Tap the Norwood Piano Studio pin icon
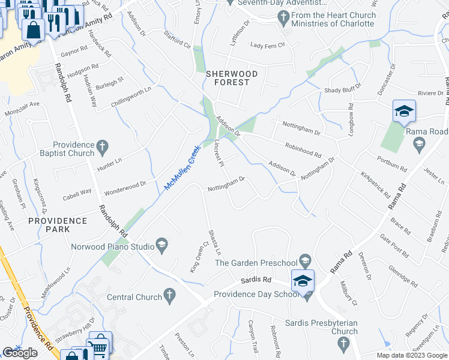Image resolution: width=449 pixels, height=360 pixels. click(161, 244)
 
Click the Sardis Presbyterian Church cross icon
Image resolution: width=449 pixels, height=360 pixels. click(343, 343)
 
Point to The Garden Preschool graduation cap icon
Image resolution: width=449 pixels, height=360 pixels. click(306, 261)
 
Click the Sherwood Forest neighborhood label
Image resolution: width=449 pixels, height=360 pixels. click(232, 74)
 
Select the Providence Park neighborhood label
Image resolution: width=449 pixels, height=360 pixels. click(57, 225)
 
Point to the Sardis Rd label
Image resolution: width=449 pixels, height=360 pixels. click(256, 280)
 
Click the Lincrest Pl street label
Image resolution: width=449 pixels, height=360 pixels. click(219, 154)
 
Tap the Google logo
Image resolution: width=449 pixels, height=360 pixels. click(20, 353)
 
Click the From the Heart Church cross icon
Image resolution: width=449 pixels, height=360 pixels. click(285, 19)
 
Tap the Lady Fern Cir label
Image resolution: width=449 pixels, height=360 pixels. click(267, 45)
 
